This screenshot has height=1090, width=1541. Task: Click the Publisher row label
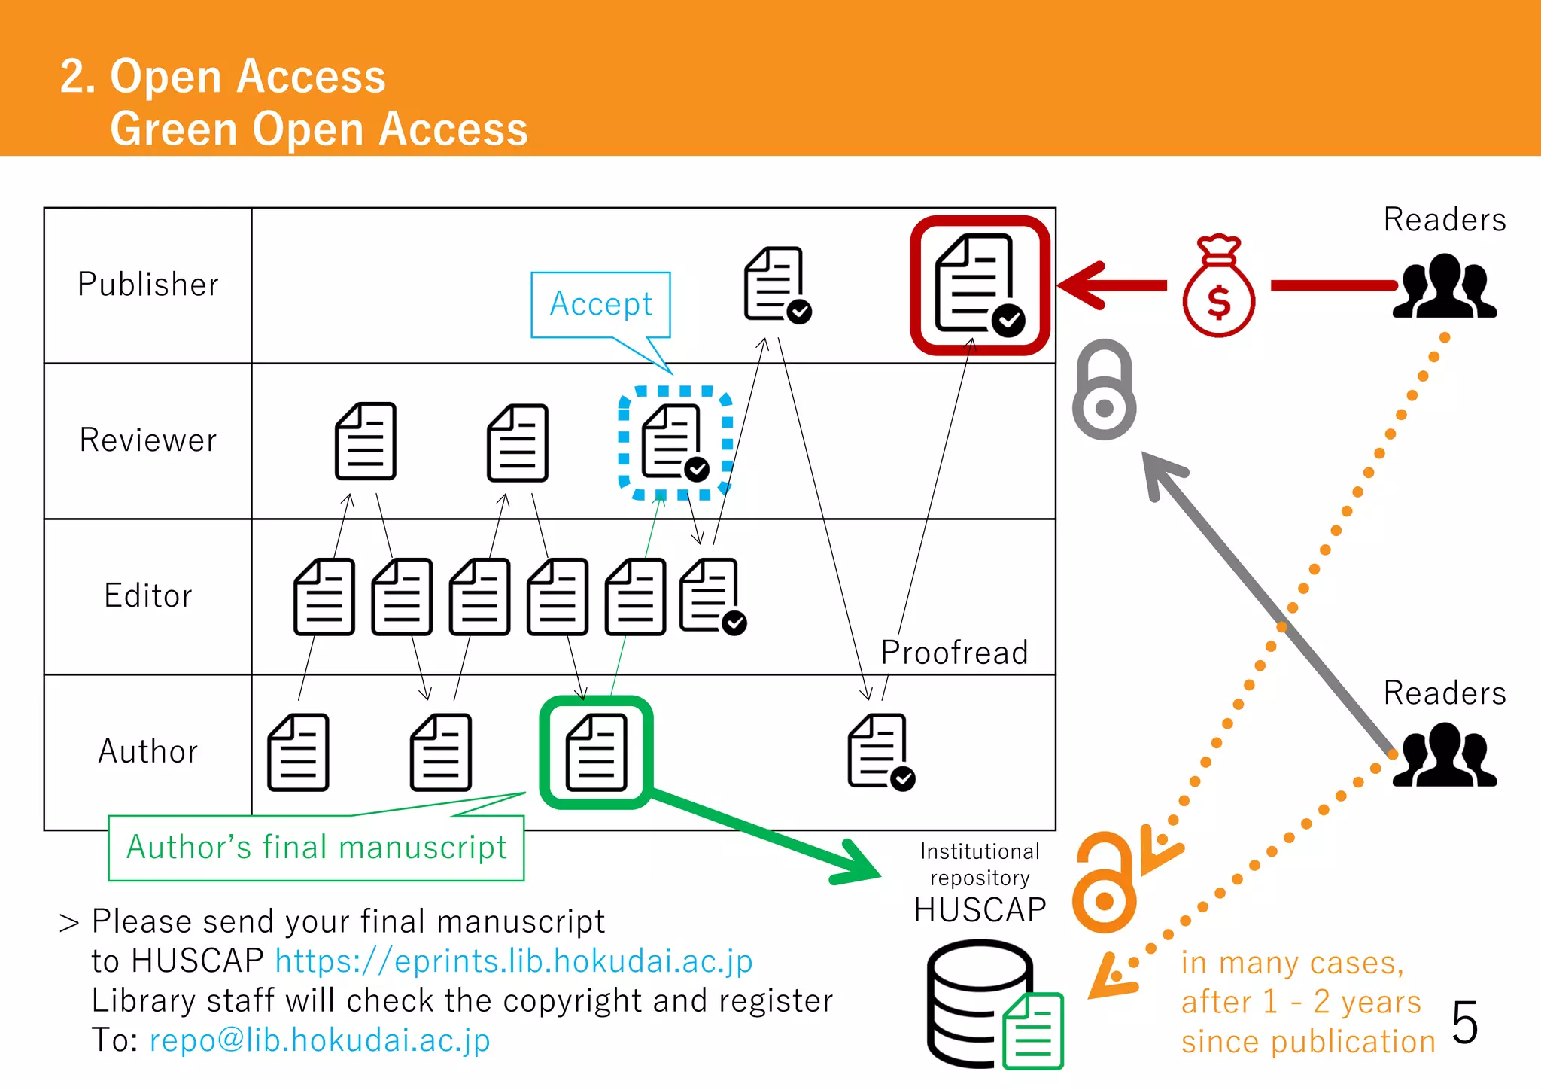click(x=148, y=285)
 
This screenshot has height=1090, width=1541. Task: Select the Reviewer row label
click(x=148, y=440)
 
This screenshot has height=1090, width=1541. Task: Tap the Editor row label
click(x=148, y=596)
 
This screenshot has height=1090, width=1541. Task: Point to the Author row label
click(x=148, y=752)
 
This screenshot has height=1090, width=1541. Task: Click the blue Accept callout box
click(x=600, y=304)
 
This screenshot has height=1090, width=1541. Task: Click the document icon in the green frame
click(x=596, y=752)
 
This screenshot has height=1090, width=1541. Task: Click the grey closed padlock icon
click(x=1104, y=391)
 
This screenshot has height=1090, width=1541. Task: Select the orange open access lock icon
click(x=1104, y=882)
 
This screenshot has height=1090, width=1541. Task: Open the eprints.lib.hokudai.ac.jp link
click(x=514, y=961)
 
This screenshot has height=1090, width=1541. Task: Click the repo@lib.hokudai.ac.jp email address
click(x=320, y=1040)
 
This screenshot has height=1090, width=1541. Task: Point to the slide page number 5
click(x=1464, y=1023)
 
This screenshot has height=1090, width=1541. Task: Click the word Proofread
click(x=954, y=653)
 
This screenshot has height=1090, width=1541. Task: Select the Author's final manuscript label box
click(x=316, y=848)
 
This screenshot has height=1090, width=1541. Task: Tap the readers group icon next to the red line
click(x=1444, y=287)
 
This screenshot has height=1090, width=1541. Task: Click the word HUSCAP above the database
click(x=980, y=910)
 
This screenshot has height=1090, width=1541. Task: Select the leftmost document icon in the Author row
click(x=298, y=752)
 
